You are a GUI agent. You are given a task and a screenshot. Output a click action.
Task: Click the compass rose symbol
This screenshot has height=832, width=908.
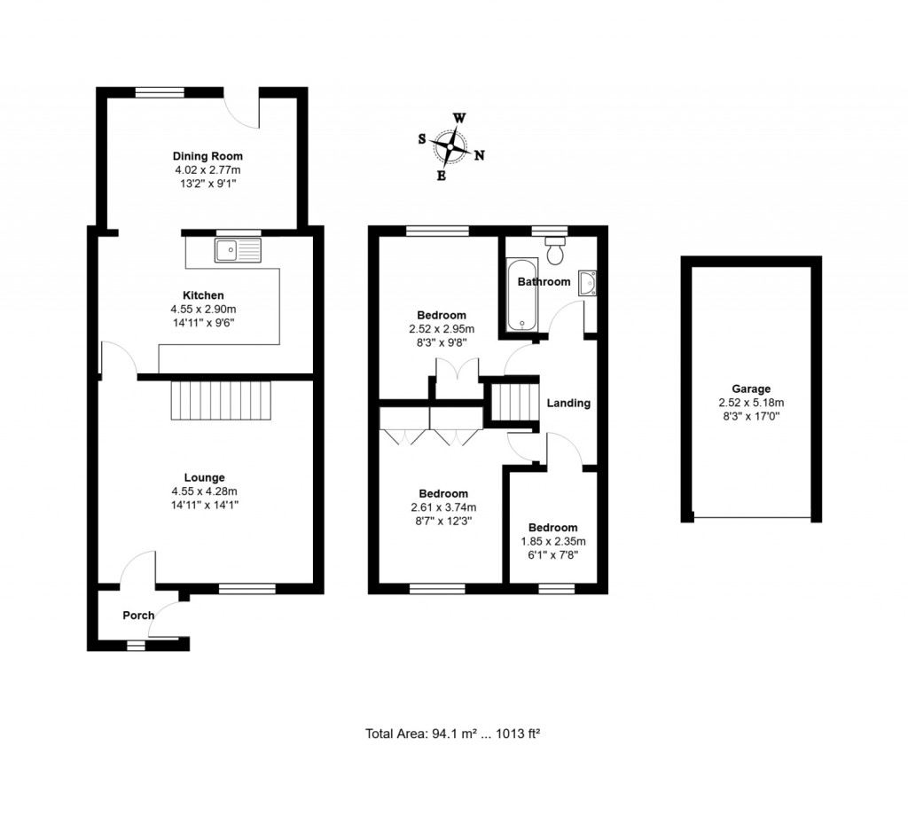pos(453,146)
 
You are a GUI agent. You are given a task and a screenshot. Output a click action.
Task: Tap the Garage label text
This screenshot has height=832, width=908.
pos(750,389)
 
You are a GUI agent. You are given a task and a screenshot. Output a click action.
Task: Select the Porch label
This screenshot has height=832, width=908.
pos(138,616)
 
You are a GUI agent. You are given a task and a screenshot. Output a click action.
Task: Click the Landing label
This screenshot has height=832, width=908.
pos(568,403)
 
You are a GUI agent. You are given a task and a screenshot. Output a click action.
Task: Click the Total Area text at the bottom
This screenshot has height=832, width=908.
pos(453,734)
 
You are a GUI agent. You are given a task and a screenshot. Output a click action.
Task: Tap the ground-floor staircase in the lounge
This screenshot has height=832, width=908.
pos(220,400)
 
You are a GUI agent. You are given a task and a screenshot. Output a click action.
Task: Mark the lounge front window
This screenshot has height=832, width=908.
pos(247,587)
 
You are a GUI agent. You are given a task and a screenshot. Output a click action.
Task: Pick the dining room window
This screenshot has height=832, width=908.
pos(160,90)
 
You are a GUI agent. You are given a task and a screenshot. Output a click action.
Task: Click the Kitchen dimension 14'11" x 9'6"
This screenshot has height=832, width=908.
pos(203,323)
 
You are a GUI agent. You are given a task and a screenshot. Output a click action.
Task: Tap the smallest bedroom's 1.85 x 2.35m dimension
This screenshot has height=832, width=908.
pos(554,541)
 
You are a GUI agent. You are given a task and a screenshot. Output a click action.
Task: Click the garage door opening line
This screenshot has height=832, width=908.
pos(751,519)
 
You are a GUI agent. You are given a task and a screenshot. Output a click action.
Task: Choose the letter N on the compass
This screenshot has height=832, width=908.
pos(480,156)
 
